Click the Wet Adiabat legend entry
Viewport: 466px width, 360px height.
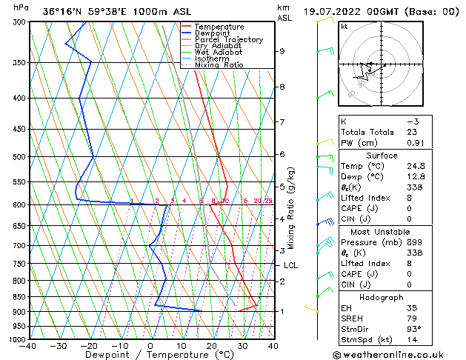point(218,52)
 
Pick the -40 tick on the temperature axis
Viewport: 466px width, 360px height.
point(29,346)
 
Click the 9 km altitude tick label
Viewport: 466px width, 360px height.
point(282,51)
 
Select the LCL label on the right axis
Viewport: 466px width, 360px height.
point(290,265)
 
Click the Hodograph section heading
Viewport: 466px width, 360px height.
point(382,297)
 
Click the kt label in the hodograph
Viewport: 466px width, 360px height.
point(344,27)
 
